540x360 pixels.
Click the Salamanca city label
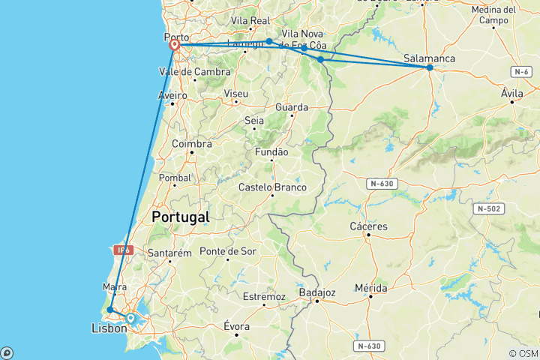pos(428,56)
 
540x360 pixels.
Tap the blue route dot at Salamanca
pos(430,67)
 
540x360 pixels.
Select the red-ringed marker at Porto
pos(175,45)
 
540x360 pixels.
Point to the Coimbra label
pos(192,144)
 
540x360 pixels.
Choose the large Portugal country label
pos(180,217)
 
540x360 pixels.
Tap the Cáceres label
pos(368,226)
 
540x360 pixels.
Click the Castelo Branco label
pos(272,187)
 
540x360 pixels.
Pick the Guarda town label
pos(292,107)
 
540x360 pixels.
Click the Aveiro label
pos(172,95)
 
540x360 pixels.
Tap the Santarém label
pos(169,253)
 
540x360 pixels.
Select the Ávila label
pos(513,93)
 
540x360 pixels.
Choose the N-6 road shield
pos(522,70)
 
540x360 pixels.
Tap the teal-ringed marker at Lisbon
pos(131,319)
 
